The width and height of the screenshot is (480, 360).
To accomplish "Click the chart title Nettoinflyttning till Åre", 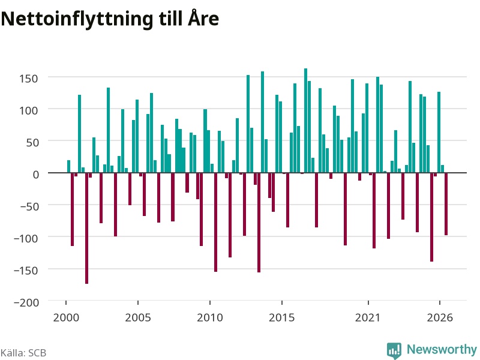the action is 110,19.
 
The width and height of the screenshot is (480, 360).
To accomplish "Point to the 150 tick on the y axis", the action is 28,79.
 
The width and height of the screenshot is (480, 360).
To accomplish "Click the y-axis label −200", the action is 26,302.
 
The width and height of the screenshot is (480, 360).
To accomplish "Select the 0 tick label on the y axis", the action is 36,175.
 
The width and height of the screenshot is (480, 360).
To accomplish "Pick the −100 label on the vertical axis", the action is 26,238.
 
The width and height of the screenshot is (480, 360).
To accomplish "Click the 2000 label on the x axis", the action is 66,317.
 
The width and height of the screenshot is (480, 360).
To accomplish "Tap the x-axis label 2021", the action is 368,317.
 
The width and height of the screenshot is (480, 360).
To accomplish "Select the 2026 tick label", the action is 440,317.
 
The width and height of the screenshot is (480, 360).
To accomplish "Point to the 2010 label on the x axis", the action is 210,317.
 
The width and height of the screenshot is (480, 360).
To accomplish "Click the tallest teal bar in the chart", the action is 305,121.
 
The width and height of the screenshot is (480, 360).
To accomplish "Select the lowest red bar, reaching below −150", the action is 86,229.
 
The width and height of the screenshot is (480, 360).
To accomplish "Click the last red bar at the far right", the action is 446,204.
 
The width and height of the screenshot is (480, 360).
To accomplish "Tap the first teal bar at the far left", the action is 68,167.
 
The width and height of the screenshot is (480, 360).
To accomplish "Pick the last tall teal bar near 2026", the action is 439,132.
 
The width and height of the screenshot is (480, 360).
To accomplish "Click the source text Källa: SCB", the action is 23,353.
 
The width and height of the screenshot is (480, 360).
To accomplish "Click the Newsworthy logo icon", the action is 394,350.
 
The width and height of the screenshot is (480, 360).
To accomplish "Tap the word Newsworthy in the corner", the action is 442,349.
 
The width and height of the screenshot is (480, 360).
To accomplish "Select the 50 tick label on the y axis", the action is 32,143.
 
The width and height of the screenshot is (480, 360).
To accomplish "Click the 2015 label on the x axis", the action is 281,317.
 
